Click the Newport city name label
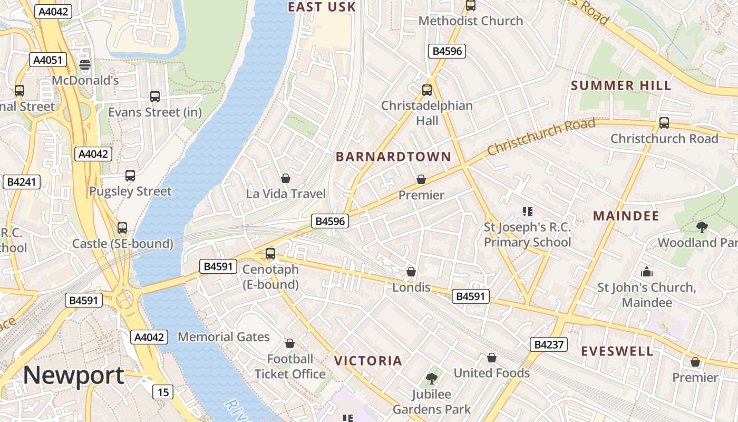click(74, 375)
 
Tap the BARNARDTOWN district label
click(393, 157)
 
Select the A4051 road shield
click(48, 60)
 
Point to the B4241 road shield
click(22, 183)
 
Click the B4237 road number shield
click(549, 345)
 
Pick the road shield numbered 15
click(163, 392)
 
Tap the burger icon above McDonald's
click(85, 65)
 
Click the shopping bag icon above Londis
click(411, 272)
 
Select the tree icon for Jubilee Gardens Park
click(431, 378)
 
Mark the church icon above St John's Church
click(646, 272)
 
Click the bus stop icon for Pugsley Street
click(130, 176)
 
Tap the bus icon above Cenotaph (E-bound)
click(270, 254)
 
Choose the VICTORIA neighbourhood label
click(368, 361)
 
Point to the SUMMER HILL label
click(621, 85)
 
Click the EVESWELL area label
click(617, 351)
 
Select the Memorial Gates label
click(224, 337)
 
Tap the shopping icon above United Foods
click(492, 358)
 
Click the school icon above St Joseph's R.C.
click(527, 212)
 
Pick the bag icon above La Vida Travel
click(286, 178)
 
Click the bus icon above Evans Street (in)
click(155, 97)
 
